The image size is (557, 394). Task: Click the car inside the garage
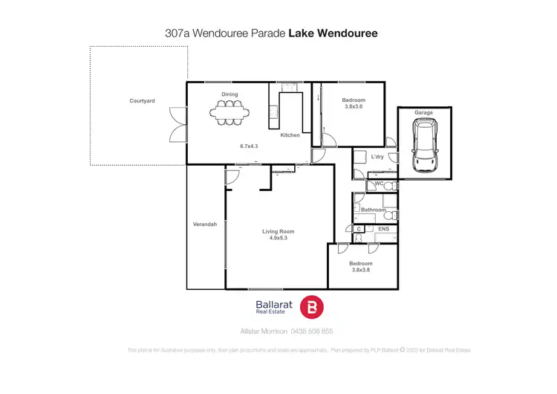[423, 145]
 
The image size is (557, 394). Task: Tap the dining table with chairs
[229, 113]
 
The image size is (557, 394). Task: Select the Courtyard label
[142, 100]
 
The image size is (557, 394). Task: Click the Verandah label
[205, 225]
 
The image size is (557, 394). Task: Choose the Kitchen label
[290, 135]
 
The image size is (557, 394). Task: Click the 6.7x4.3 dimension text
[248, 146]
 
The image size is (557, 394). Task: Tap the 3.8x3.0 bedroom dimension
[354, 107]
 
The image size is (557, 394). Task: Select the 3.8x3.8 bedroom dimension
[360, 270]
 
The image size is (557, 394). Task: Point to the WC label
[378, 183]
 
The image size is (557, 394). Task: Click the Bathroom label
[374, 210]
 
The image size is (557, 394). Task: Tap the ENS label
[383, 230]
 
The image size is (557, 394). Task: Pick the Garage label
[423, 112]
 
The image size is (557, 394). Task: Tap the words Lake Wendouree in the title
[339, 33]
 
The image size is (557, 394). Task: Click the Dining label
[229, 94]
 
